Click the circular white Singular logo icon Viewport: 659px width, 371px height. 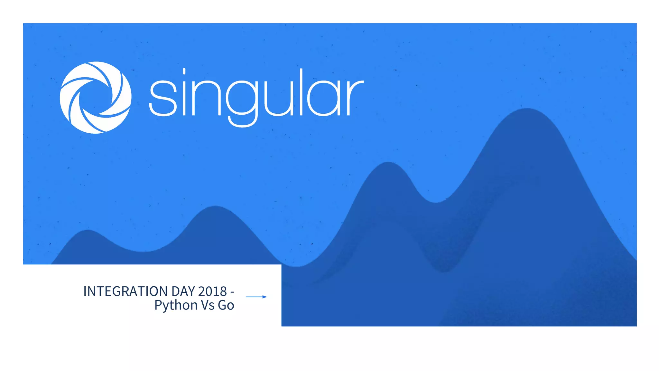(96, 98)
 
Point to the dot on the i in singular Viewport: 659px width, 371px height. (184, 71)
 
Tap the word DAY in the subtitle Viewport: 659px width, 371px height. (183, 291)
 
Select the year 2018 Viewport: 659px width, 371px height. (212, 291)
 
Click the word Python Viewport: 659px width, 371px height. (176, 305)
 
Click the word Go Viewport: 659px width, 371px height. (226, 305)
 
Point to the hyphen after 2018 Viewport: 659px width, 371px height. (232, 292)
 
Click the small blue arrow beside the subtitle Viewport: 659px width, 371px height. (256, 297)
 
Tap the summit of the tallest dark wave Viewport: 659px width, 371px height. (527, 109)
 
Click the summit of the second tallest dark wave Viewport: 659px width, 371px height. (388, 163)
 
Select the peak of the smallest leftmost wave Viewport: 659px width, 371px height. (88, 231)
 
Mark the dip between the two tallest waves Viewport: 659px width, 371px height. (435, 202)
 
